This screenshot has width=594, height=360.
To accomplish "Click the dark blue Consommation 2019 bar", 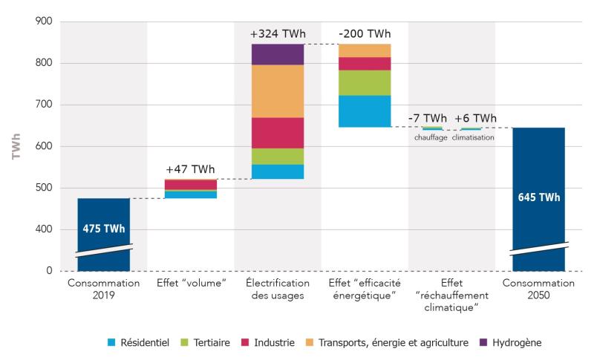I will (x=103, y=230).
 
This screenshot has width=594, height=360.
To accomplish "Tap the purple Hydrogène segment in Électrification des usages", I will (x=278, y=54).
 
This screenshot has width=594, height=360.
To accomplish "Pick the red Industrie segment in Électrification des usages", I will (x=278, y=133).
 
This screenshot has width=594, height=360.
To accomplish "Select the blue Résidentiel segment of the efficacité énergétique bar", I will (x=365, y=111).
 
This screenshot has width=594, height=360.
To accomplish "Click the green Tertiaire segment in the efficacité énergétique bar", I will (x=365, y=82).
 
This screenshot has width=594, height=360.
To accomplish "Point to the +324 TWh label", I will (x=277, y=34).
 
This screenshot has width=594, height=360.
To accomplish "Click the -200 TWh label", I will (x=365, y=34).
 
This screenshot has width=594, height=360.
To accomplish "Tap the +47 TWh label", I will (x=190, y=169).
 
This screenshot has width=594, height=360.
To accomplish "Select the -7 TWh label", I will (x=428, y=119).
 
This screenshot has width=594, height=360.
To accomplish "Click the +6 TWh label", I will (x=475, y=119).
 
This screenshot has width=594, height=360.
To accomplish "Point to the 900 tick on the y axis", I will (x=45, y=22).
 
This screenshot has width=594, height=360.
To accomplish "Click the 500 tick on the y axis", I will (x=45, y=188).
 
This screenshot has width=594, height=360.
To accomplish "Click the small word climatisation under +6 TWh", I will (x=473, y=137).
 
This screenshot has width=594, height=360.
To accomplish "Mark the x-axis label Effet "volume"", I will (x=190, y=283).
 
